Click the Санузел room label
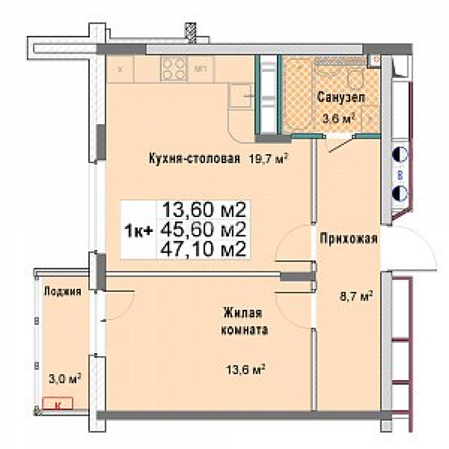341,98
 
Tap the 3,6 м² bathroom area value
339,119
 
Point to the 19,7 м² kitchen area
269,158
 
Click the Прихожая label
348,239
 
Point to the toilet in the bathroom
356,79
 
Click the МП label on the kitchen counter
201,69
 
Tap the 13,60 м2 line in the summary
204,210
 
